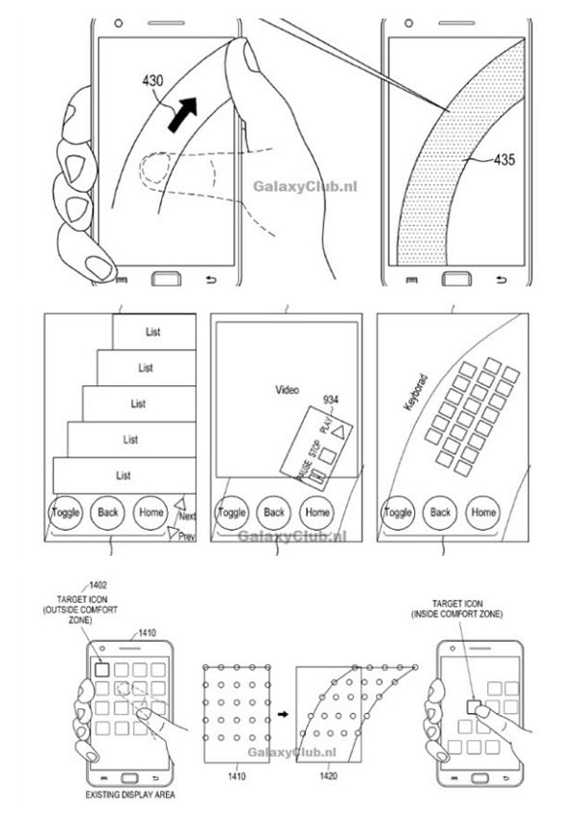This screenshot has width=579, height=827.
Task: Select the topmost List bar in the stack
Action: (x=153, y=332)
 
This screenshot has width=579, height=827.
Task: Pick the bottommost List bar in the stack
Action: (x=124, y=476)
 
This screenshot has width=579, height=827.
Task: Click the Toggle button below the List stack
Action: (x=66, y=511)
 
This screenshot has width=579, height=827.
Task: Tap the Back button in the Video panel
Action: (x=274, y=512)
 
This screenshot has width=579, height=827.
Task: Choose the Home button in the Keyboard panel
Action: (x=482, y=512)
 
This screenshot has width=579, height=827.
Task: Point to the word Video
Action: (x=288, y=390)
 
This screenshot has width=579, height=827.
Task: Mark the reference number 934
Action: (x=331, y=399)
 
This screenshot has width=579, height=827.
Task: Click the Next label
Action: (x=187, y=515)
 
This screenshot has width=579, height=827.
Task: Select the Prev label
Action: (x=186, y=536)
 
